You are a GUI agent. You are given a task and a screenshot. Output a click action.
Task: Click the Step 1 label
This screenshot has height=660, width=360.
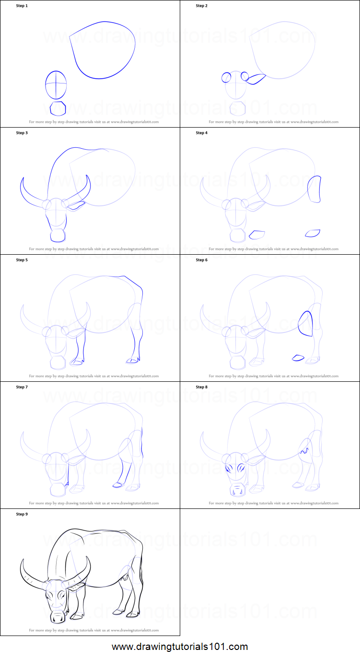click(x=22, y=6)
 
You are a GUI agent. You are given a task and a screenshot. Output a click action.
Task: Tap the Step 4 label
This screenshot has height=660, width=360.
click(x=202, y=133)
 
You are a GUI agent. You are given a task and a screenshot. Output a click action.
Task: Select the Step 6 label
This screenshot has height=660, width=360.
click(x=202, y=260)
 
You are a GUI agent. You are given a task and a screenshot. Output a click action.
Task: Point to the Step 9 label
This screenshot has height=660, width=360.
click(x=22, y=514)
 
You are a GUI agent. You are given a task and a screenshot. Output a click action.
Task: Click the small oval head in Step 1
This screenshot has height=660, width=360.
click(x=56, y=84)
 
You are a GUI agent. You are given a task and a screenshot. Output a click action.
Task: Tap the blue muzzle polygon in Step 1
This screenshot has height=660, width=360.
click(x=58, y=108)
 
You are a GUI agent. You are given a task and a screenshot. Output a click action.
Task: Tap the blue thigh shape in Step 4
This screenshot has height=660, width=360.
click(x=314, y=189)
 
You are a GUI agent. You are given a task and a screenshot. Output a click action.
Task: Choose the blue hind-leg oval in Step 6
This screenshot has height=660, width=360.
click(x=305, y=323)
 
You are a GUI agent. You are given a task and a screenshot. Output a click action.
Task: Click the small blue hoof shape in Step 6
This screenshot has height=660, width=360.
click(x=298, y=357)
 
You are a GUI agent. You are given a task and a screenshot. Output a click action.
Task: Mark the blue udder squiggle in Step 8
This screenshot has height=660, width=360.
click(x=303, y=451)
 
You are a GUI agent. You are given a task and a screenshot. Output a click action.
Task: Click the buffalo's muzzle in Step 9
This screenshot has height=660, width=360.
click(x=58, y=617)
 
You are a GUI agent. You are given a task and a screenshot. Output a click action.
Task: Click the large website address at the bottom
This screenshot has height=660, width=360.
click(x=180, y=647)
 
